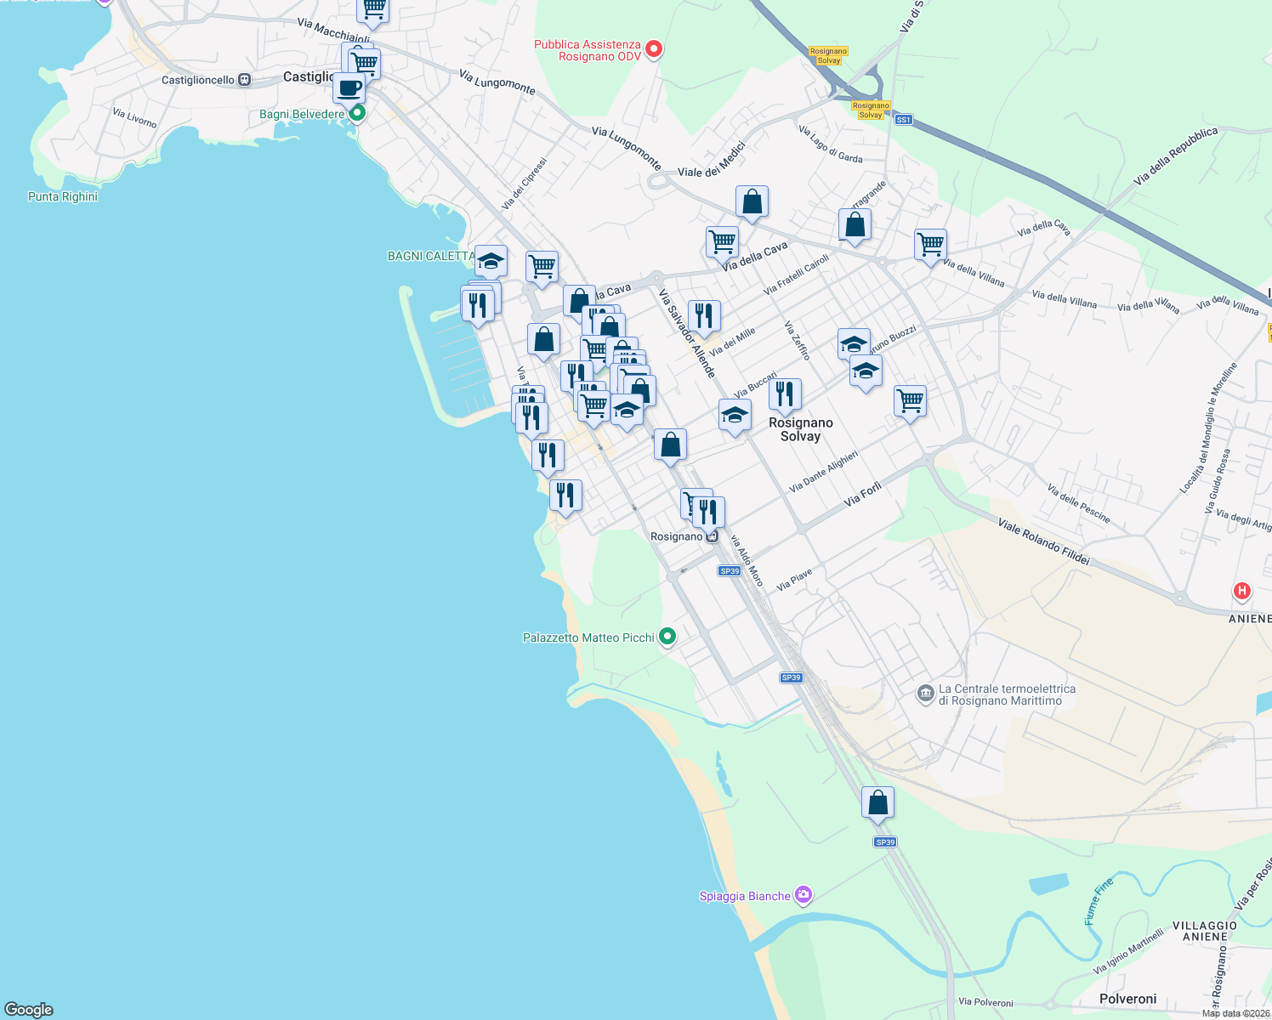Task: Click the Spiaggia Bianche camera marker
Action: pyautogui.click(x=804, y=895)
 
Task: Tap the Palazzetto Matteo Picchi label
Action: pyautogui.click(x=588, y=637)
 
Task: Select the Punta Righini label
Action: pyautogui.click(x=63, y=196)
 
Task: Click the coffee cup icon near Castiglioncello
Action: pyautogui.click(x=349, y=88)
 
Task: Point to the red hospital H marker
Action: pyautogui.click(x=1242, y=591)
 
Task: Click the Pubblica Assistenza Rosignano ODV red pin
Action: pyautogui.click(x=654, y=49)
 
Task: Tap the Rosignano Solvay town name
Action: pyautogui.click(x=800, y=429)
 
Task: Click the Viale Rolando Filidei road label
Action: pyautogui.click(x=1043, y=541)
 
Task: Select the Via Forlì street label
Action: pyautogui.click(x=862, y=494)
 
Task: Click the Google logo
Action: pyautogui.click(x=29, y=1010)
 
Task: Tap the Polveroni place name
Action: pyautogui.click(x=1127, y=999)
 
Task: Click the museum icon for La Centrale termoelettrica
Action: pyautogui.click(x=926, y=694)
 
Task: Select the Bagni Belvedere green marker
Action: pyautogui.click(x=358, y=112)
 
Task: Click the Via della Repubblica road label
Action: pyautogui.click(x=1175, y=156)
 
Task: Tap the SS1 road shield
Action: pyautogui.click(x=903, y=120)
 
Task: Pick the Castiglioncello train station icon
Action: pyautogui.click(x=245, y=80)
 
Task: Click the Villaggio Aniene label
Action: pyautogui.click(x=1205, y=931)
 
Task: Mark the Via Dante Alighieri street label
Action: pyautogui.click(x=823, y=472)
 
